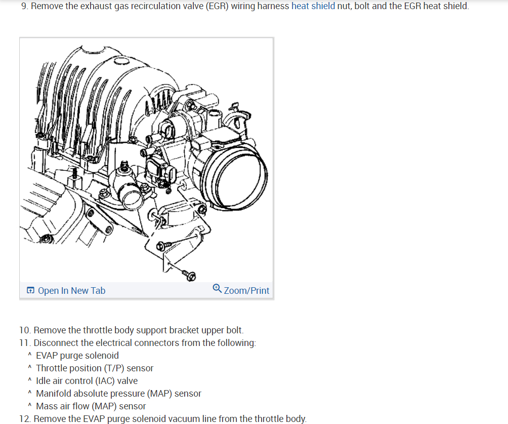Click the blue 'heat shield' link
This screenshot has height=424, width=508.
tap(313, 7)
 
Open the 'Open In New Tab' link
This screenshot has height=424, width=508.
tap(71, 290)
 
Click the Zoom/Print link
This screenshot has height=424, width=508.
tap(246, 290)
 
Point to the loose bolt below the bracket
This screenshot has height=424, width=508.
tap(190, 275)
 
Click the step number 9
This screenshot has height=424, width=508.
tap(24, 7)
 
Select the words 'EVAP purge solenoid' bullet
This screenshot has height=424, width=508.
tap(77, 355)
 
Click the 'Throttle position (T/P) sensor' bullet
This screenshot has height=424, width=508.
tap(94, 368)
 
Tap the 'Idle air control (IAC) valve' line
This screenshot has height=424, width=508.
tap(87, 380)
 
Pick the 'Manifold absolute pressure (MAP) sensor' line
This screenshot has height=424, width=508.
tap(118, 393)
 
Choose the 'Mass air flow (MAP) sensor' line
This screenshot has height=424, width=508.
tap(91, 406)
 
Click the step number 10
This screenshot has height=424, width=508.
tap(24, 330)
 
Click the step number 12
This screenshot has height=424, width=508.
tap(24, 418)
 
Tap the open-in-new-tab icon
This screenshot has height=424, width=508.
tap(31, 290)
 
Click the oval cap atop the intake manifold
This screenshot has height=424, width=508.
tap(122, 62)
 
